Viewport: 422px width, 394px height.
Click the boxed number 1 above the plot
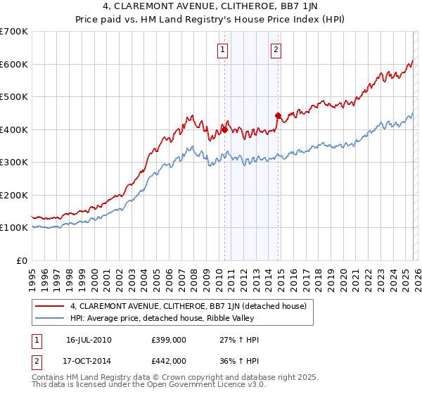click(x=222, y=49)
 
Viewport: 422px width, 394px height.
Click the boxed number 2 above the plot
click(x=276, y=49)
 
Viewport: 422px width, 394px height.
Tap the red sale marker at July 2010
click(x=224, y=129)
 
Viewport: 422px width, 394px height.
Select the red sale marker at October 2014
click(x=278, y=115)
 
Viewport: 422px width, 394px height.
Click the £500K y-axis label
click(x=14, y=97)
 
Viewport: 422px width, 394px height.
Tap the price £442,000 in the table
click(x=169, y=360)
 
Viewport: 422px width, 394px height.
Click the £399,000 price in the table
click(x=169, y=340)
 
